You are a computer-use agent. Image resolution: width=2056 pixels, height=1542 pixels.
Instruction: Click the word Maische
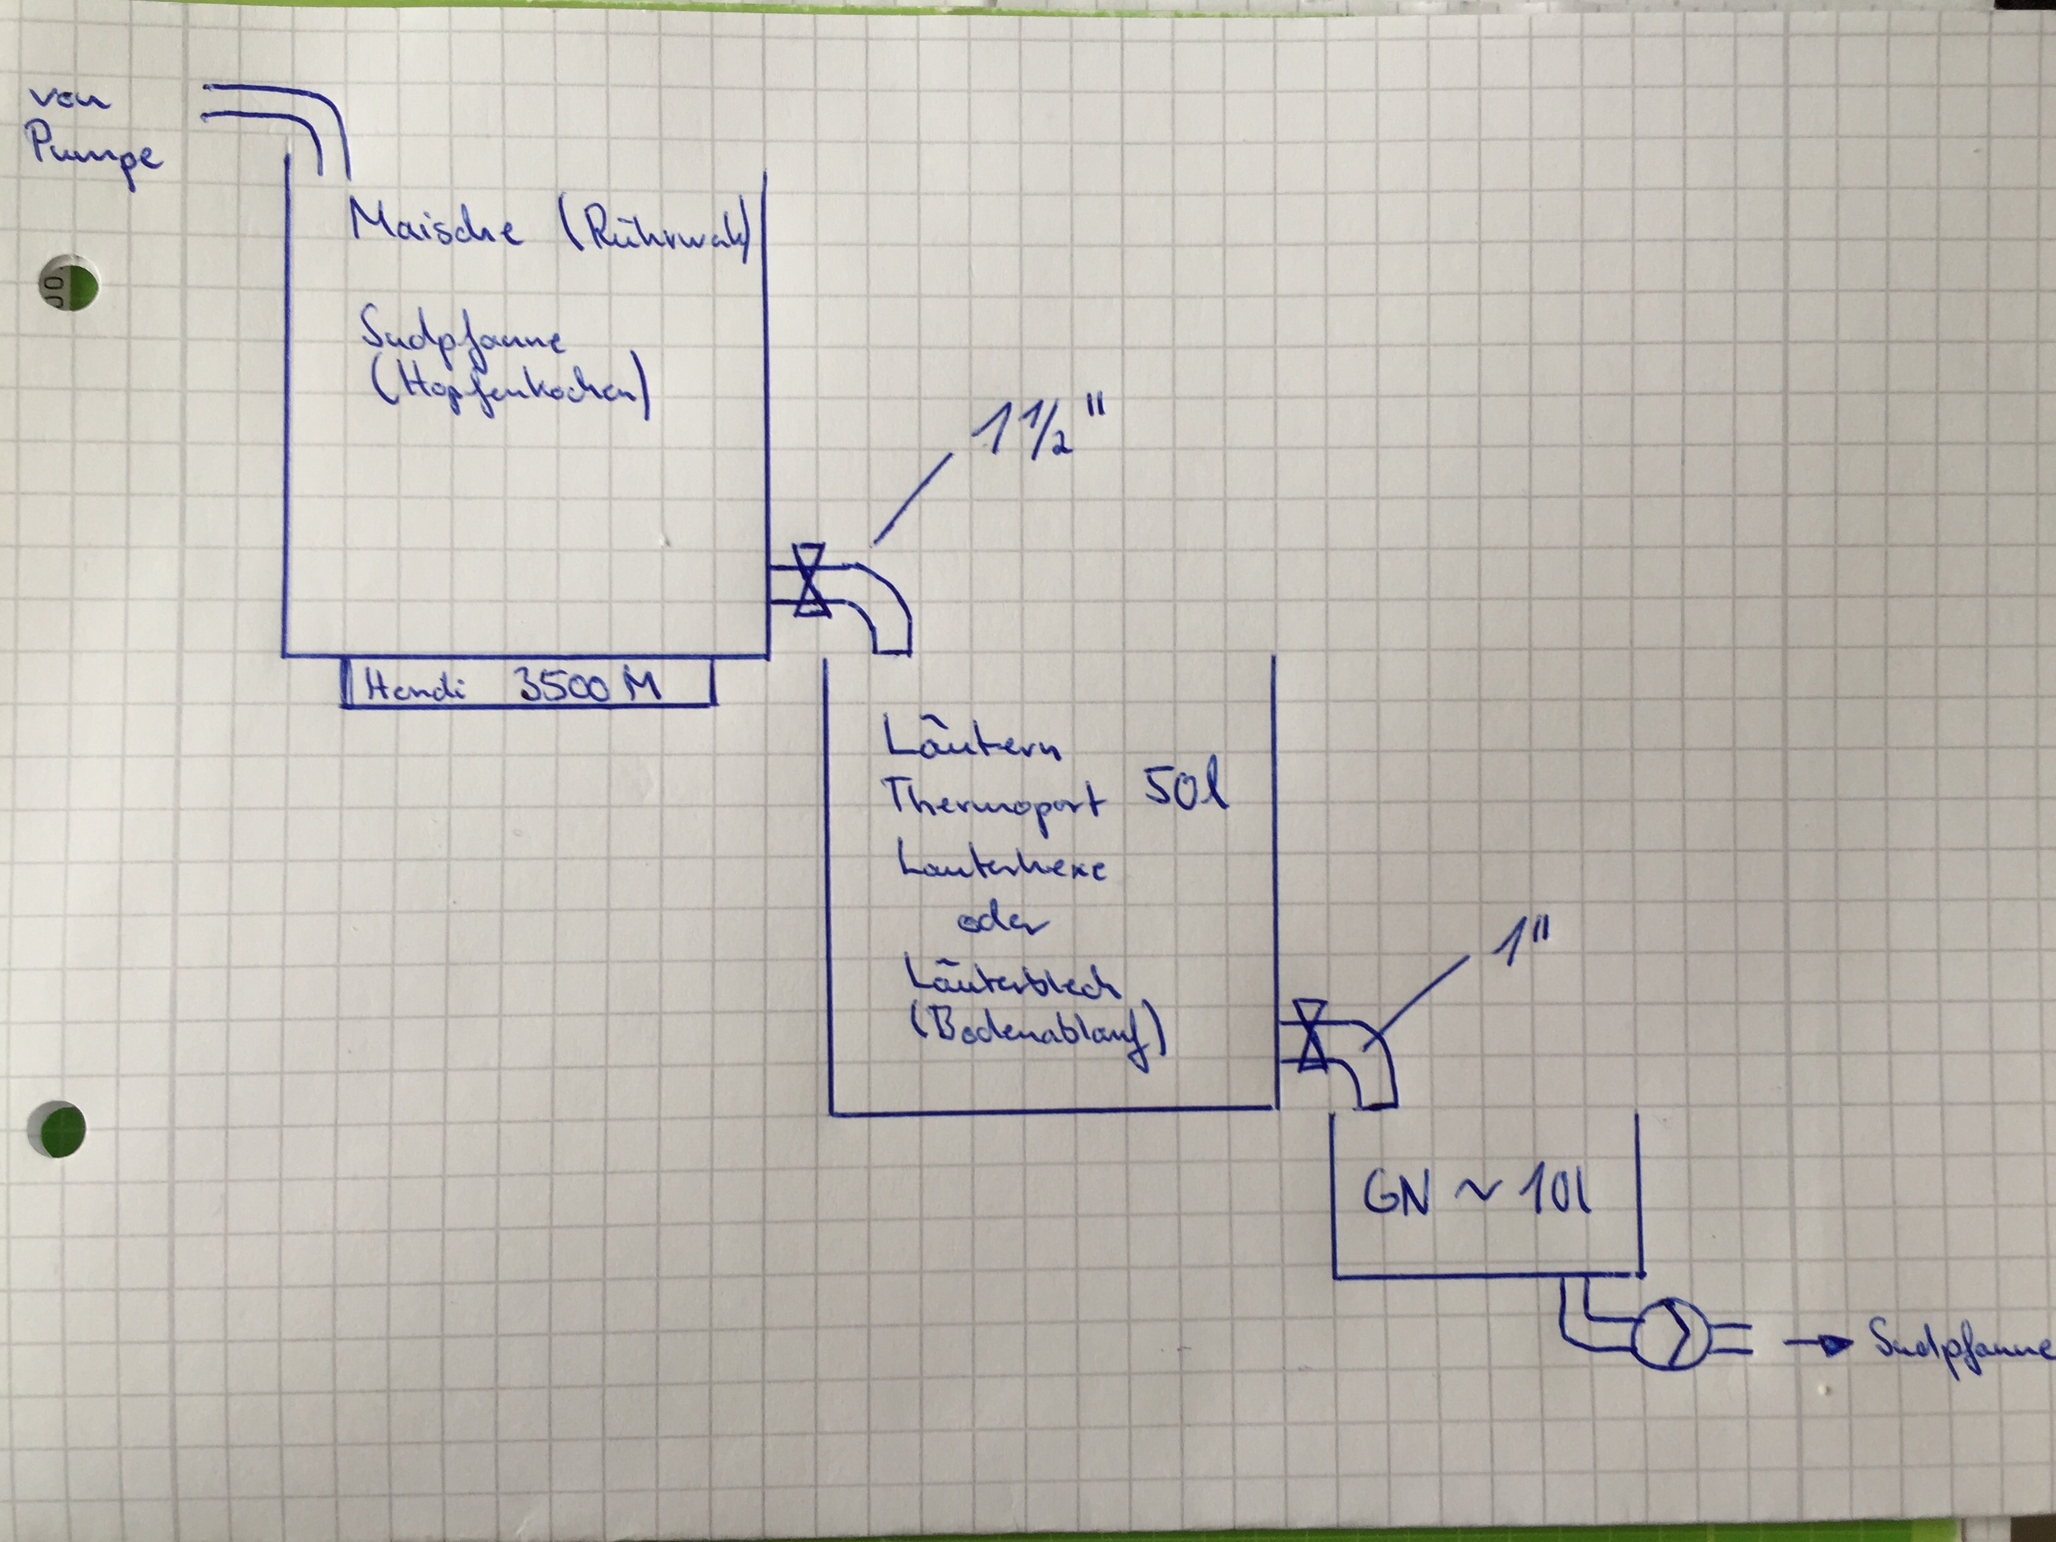tap(435, 226)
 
